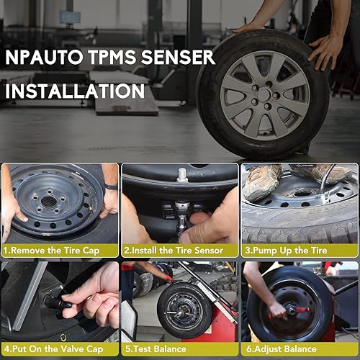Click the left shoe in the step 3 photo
[261, 180]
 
